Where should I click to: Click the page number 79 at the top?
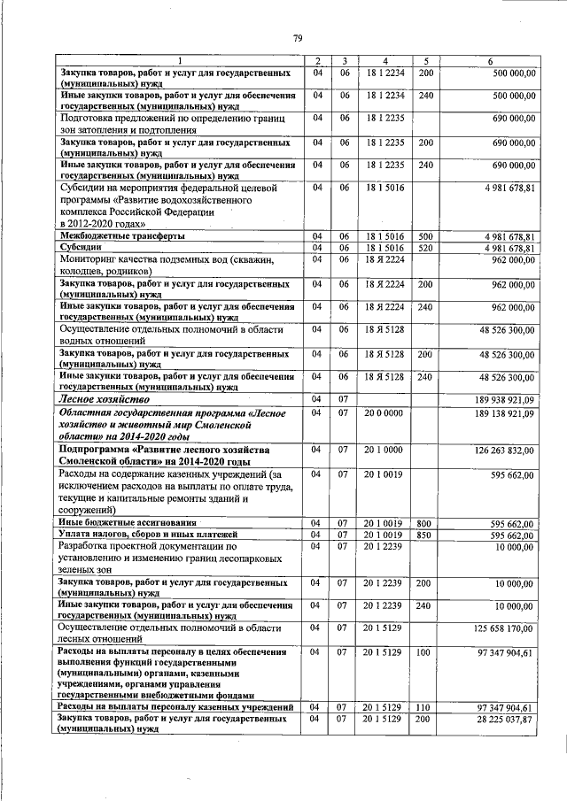[299, 36]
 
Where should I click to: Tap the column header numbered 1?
[180, 60]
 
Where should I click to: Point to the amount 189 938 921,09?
[501, 400]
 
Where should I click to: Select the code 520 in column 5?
[425, 248]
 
